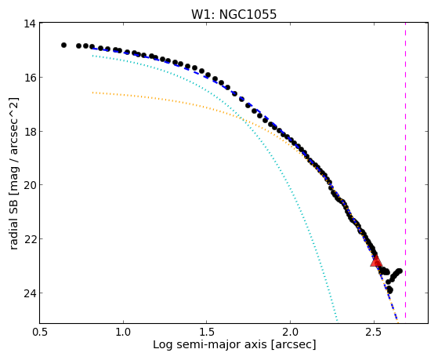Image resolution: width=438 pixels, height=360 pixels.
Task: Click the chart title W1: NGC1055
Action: (x=233, y=14)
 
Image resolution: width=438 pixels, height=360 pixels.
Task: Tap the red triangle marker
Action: (x=376, y=261)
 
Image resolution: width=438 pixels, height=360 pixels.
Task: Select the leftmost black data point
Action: (x=63, y=45)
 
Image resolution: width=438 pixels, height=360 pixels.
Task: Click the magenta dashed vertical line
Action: (x=405, y=171)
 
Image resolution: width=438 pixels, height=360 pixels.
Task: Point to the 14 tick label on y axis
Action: (x=30, y=24)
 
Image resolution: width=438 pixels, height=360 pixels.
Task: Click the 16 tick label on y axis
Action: (x=30, y=77)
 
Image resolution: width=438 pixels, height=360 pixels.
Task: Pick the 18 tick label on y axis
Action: (x=30, y=131)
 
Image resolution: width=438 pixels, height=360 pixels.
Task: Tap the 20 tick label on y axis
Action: (x=30, y=185)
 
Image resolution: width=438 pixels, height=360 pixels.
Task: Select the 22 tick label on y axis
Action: (x=30, y=239)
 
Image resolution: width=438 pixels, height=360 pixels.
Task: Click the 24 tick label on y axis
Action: (x=30, y=293)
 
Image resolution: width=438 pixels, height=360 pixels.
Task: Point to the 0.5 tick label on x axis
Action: (x=40, y=332)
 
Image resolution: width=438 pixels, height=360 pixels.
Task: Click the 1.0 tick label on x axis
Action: (x=123, y=332)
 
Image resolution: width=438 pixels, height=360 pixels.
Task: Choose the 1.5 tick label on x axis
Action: (x=207, y=332)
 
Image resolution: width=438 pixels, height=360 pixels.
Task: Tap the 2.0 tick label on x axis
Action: (x=290, y=332)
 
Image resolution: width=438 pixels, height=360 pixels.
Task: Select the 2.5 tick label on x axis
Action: (x=374, y=332)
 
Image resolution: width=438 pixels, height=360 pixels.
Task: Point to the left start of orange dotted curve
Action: (x=92, y=93)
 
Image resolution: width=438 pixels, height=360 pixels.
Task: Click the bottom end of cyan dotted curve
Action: (x=338, y=321)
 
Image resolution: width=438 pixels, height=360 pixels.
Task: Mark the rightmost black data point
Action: (x=400, y=271)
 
